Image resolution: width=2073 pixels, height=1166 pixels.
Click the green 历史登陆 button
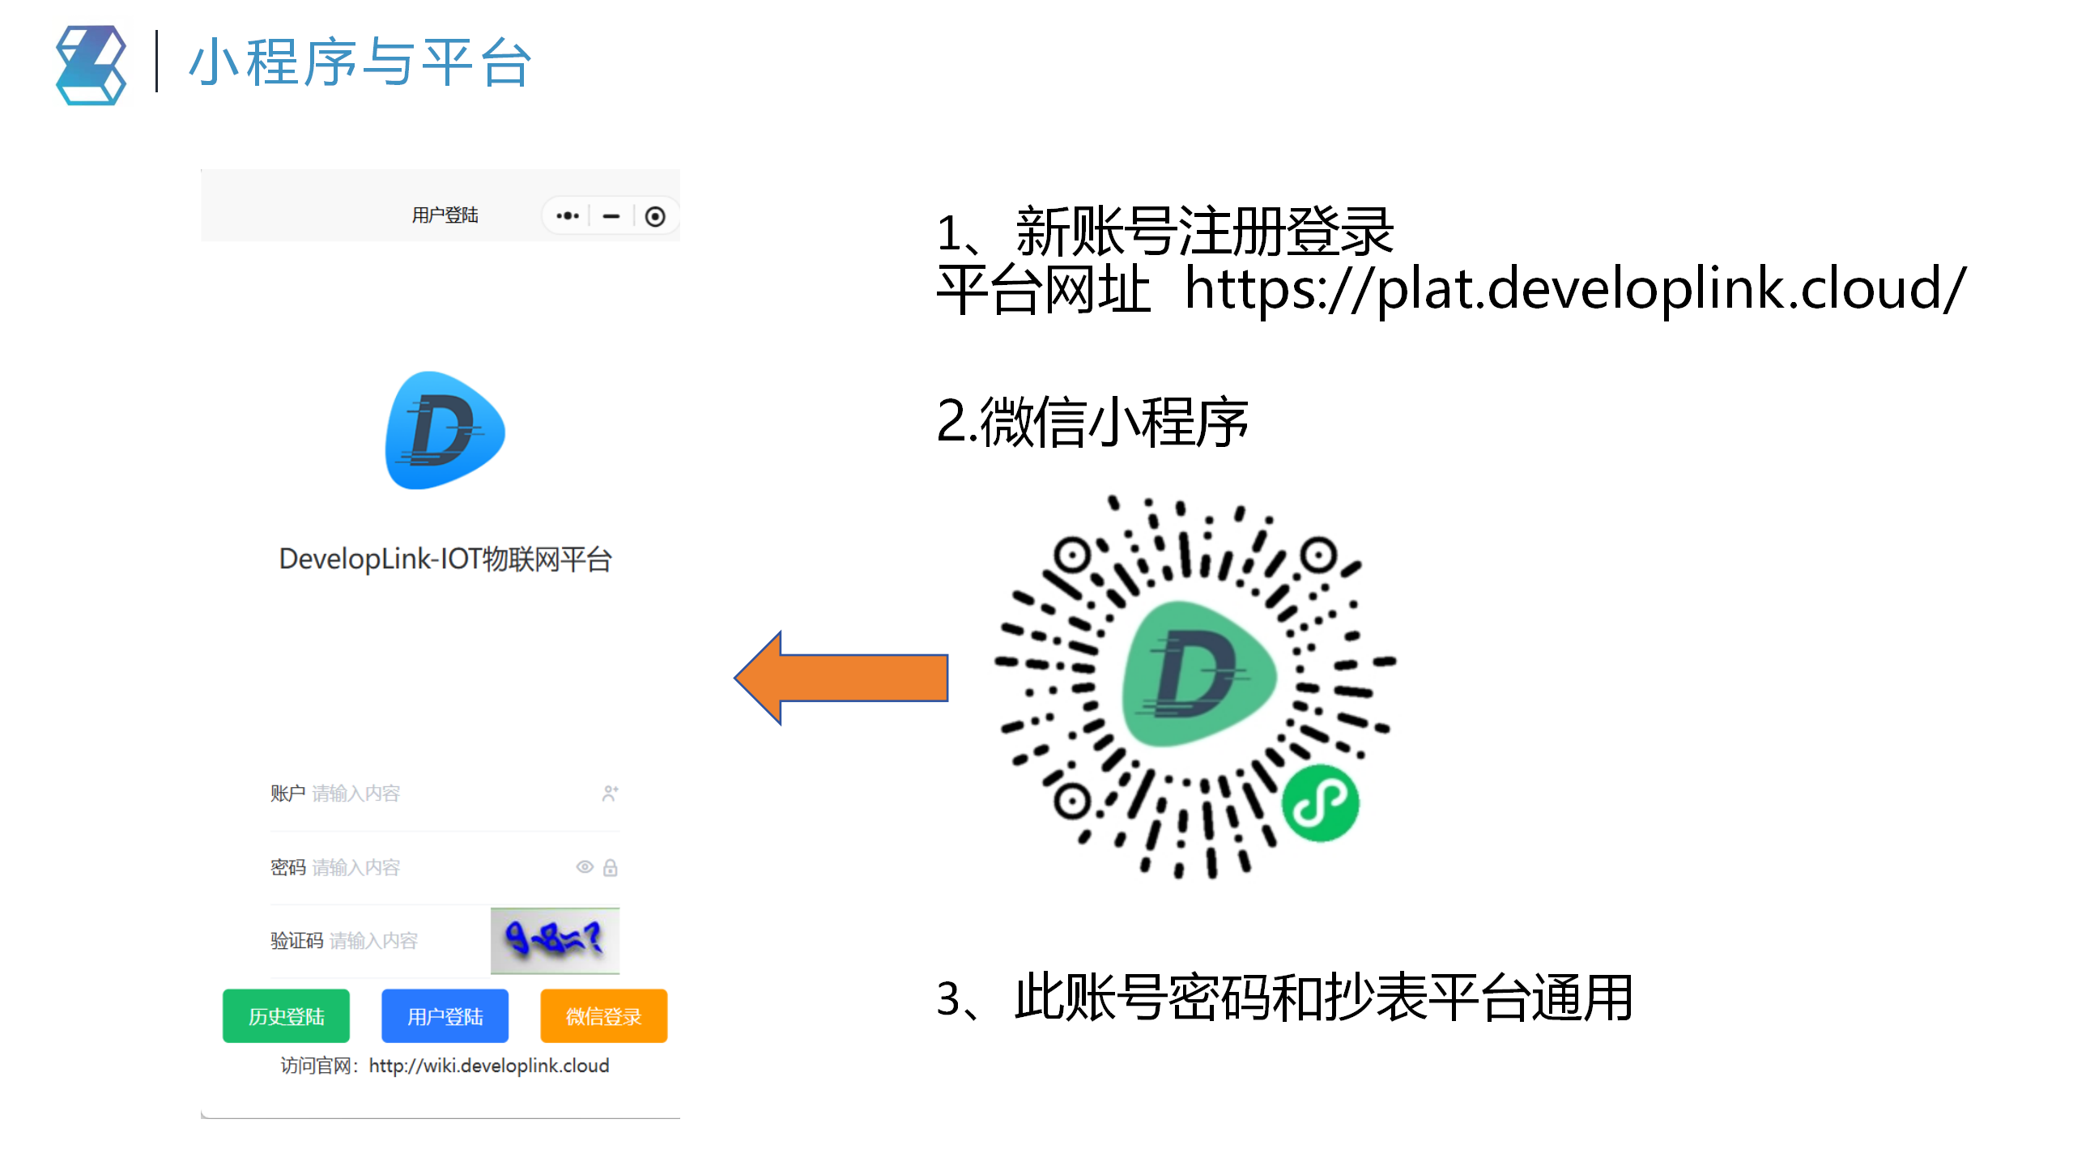tap(286, 1016)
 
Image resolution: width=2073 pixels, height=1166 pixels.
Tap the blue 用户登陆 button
tap(445, 1016)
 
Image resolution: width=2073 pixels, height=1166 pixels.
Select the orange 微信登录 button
tap(603, 1016)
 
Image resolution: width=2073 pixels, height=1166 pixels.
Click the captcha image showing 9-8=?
tap(555, 940)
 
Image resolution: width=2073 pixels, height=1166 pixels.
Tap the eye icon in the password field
tap(584, 867)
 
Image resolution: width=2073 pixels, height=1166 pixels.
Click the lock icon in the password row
tap(611, 868)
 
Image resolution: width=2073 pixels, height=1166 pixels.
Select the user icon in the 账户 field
tap(610, 794)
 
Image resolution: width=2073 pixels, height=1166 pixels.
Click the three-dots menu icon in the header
tap(567, 216)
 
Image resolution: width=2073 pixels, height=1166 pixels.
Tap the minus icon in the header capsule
tap(611, 216)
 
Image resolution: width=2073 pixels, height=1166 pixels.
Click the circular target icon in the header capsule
tap(655, 216)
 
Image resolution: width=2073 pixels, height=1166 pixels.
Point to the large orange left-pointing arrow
tap(842, 678)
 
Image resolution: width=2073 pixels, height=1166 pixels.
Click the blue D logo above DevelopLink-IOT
tap(444, 431)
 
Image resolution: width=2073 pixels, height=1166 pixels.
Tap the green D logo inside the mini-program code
tap(1197, 674)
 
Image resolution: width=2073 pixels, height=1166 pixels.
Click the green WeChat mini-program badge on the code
tap(1320, 803)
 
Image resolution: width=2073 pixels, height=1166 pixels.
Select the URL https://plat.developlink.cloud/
tap(1574, 289)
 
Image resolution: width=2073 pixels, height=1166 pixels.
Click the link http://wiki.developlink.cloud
tap(488, 1066)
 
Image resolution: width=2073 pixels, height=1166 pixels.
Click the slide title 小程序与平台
tap(360, 62)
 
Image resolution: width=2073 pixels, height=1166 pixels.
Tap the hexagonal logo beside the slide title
tap(91, 65)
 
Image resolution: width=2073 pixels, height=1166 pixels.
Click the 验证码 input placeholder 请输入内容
tap(373, 941)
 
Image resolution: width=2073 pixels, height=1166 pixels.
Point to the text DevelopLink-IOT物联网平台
tap(445, 559)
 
